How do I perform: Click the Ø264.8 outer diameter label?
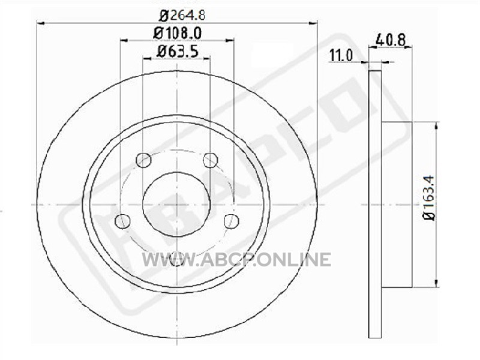point(182,15)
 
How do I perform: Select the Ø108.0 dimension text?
point(177,33)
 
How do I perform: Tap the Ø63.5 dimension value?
point(177,51)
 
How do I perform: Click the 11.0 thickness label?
point(341,56)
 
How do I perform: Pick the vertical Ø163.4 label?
point(428,197)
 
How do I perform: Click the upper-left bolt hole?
point(143,160)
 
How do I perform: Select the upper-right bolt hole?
point(211,160)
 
